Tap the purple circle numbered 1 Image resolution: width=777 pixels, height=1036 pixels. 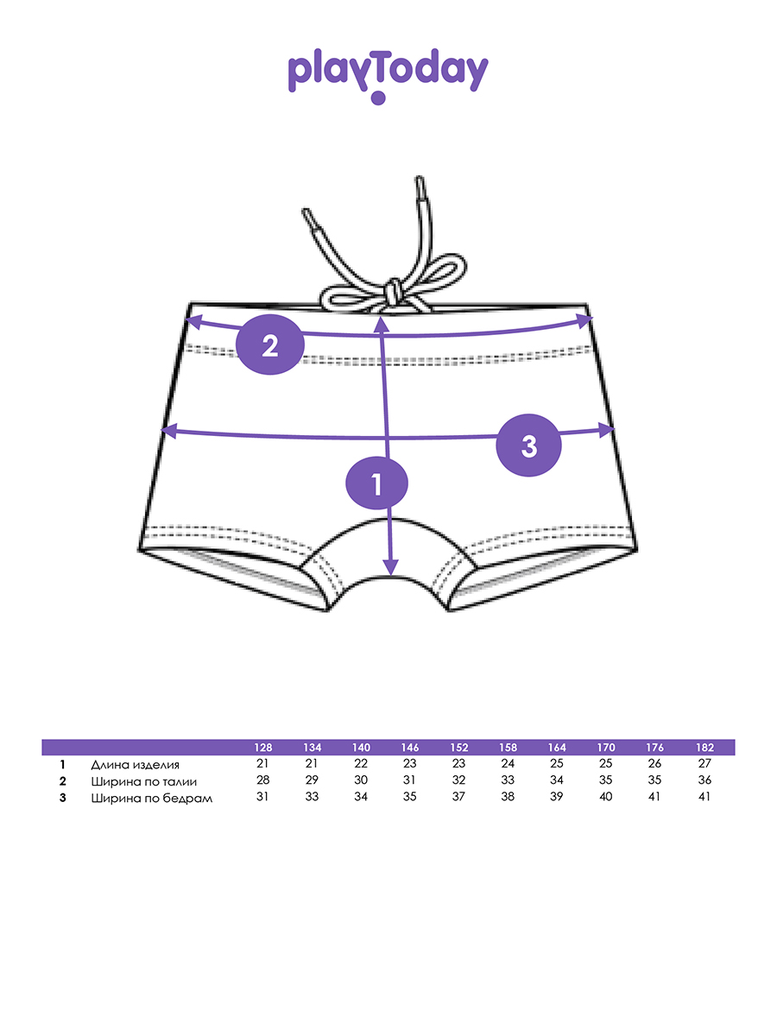376,484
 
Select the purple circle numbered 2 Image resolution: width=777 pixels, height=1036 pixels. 270,346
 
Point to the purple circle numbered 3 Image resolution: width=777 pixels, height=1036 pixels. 529,445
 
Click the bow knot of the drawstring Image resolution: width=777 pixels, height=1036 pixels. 391,292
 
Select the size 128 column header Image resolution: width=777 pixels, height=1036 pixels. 263,748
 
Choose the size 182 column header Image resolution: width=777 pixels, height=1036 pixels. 705,748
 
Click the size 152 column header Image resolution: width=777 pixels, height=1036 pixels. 458,748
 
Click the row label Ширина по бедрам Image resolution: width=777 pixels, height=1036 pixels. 151,798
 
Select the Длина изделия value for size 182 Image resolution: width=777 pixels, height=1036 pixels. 705,764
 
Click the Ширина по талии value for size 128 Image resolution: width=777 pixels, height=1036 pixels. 263,780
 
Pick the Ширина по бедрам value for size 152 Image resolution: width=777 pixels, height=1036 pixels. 458,797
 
